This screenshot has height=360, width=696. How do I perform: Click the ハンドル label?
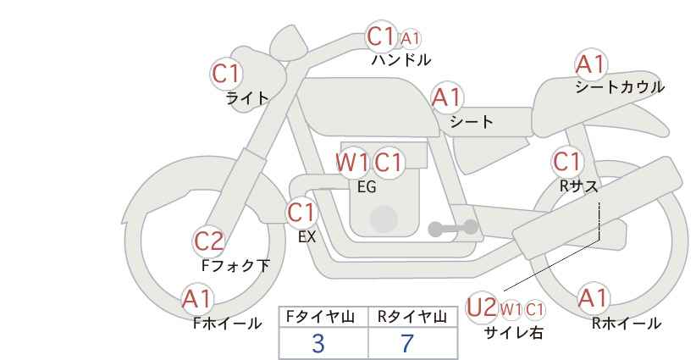tap(401, 59)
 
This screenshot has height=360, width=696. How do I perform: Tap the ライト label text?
tap(248, 98)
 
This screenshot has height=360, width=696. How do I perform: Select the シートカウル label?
tap(620, 86)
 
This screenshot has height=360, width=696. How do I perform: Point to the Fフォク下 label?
tap(235, 265)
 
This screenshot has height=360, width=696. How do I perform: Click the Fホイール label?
tap(227, 324)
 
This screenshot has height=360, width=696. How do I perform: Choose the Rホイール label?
tap(627, 324)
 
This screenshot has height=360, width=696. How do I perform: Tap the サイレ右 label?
tap(514, 333)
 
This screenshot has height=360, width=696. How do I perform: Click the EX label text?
tap(307, 237)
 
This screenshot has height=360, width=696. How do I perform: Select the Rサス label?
tap(578, 186)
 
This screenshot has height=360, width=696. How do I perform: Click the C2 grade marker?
tap(209, 242)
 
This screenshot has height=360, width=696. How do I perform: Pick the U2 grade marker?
tap(482, 307)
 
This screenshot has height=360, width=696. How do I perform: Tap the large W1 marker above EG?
tap(351, 163)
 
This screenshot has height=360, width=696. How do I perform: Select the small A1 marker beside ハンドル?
tap(410, 39)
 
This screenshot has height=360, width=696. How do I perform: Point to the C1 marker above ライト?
tap(226, 74)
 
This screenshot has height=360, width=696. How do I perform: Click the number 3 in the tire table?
tap(318, 343)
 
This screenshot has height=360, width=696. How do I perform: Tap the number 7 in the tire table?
tap(407, 343)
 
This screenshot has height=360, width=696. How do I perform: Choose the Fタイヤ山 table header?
tap(320, 317)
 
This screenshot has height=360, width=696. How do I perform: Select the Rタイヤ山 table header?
tap(412, 317)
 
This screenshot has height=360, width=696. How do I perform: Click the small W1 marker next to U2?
tap(511, 309)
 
